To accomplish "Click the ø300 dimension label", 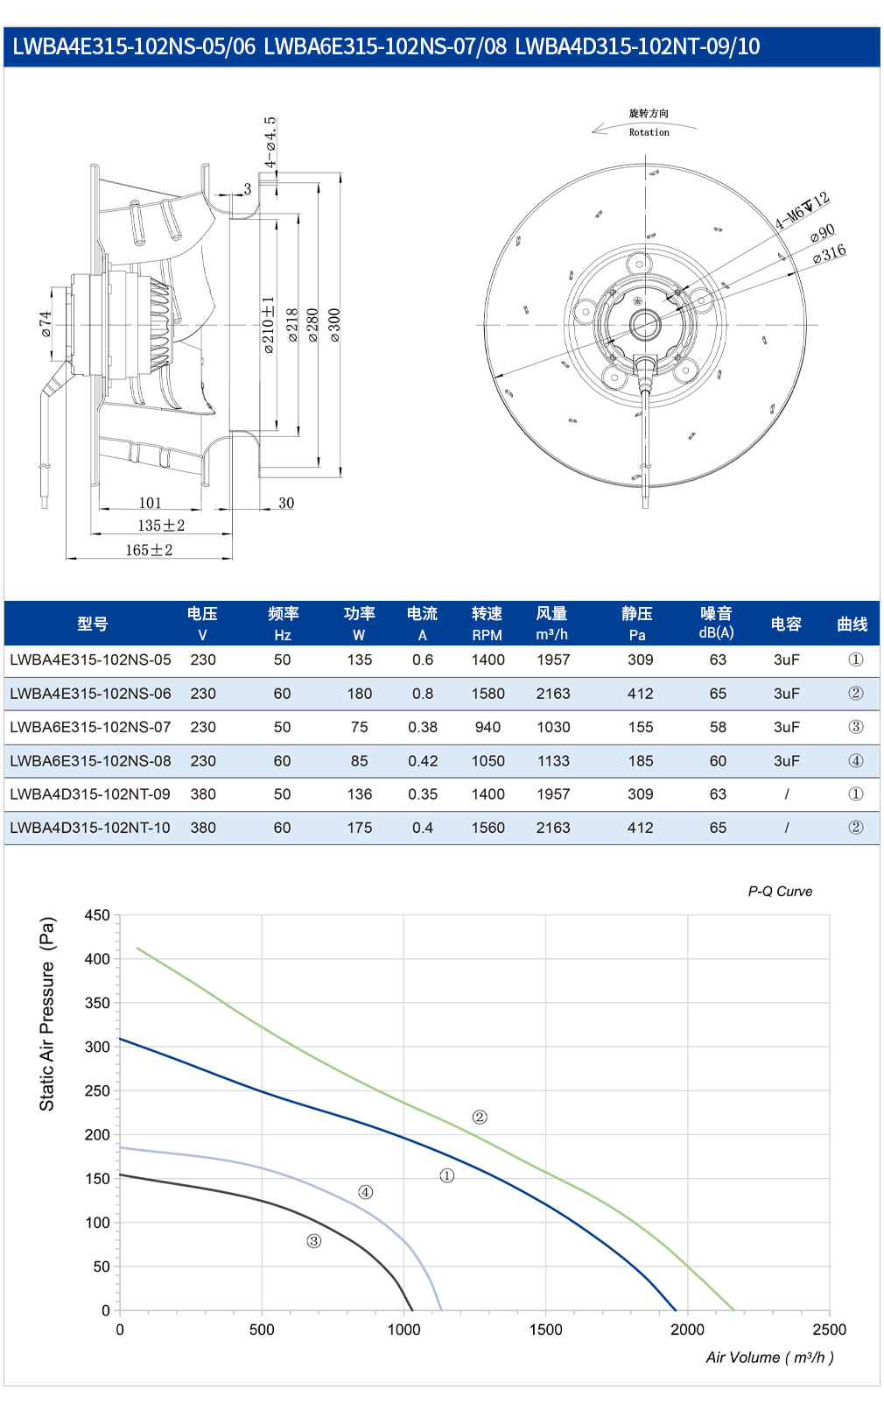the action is (335, 325).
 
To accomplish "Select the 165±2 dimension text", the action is (149, 550).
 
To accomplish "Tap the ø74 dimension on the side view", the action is (46, 324).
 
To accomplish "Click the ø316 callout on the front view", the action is (829, 254).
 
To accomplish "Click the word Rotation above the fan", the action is (649, 132).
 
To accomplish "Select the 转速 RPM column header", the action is (487, 624).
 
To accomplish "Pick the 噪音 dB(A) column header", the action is (717, 623).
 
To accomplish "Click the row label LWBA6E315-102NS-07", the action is (90, 727).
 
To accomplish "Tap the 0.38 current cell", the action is (423, 727).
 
